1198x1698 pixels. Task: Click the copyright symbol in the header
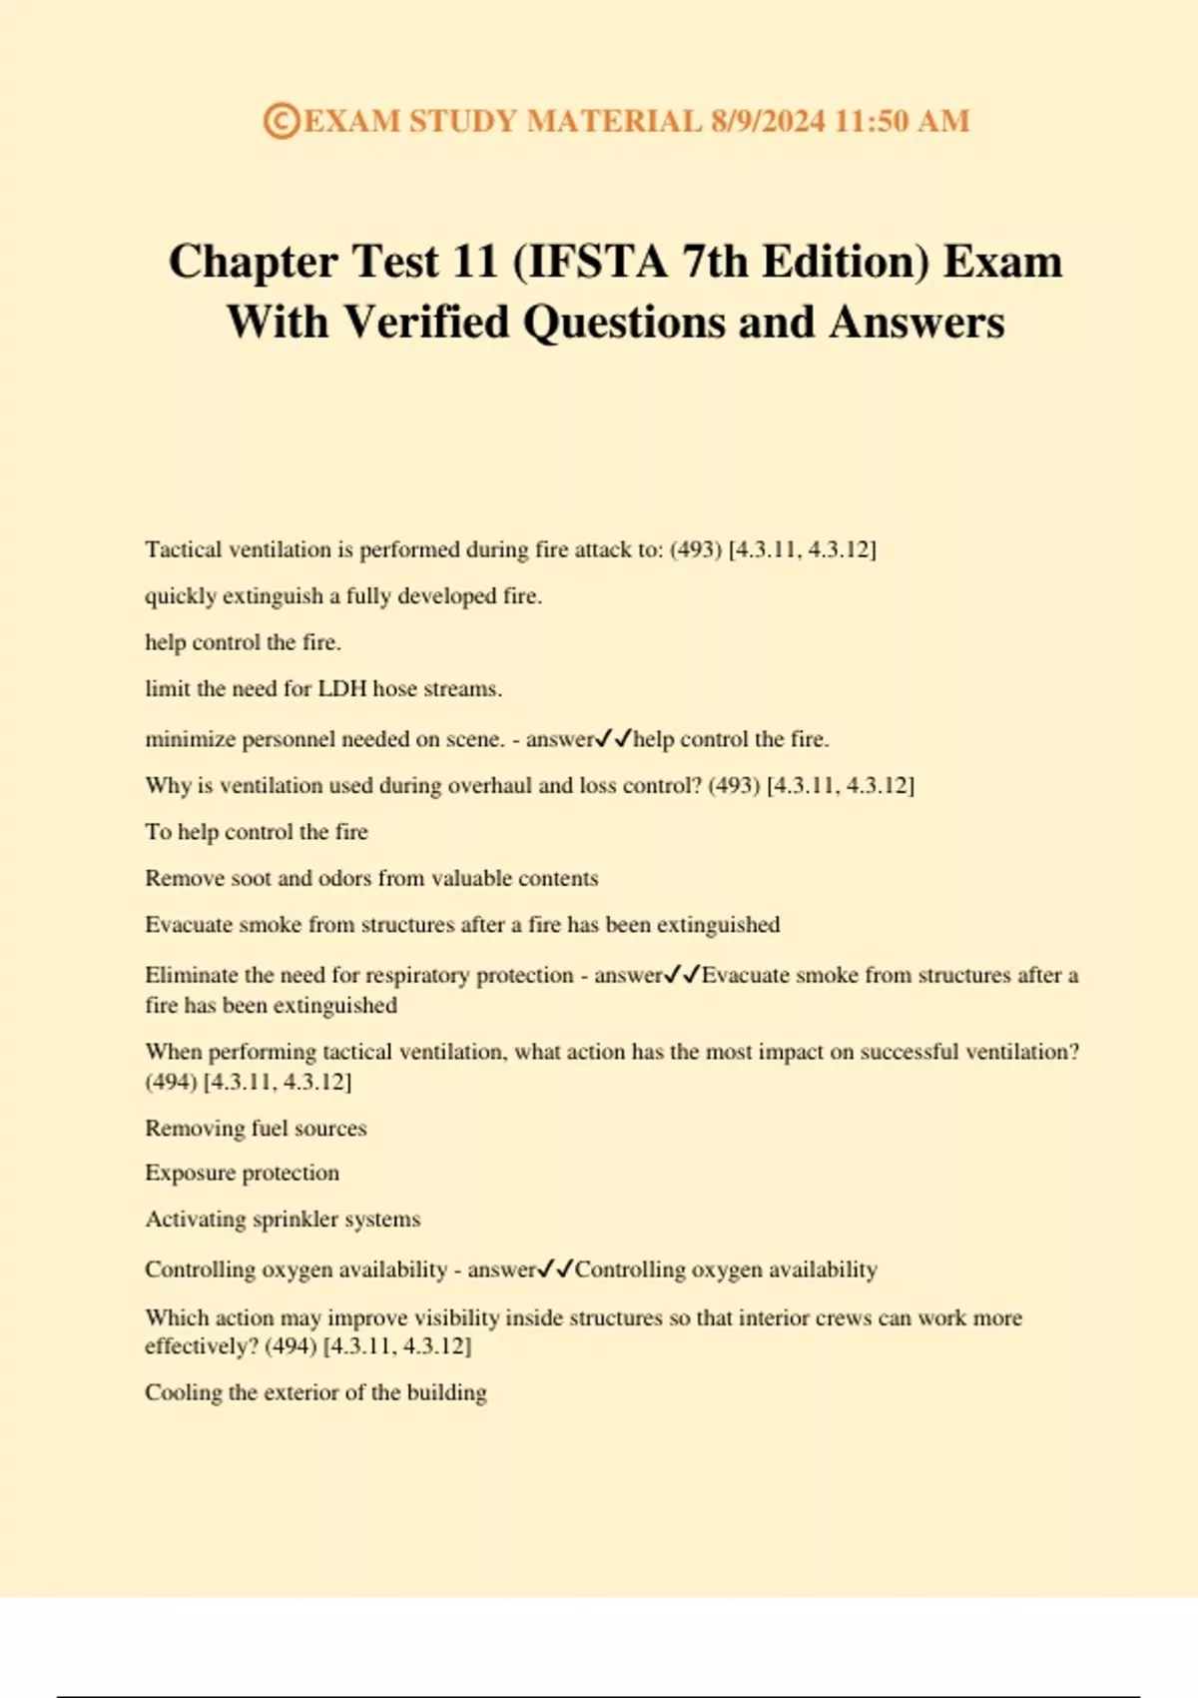coord(282,121)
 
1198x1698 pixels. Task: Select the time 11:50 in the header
coord(871,121)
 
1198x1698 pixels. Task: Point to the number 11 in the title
coord(475,262)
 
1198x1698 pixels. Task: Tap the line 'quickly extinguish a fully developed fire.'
coord(343,596)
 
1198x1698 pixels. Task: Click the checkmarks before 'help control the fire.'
coord(613,739)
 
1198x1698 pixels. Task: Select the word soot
coord(251,878)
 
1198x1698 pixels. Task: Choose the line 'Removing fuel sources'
coord(256,1128)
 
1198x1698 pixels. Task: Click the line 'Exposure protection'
coord(242,1173)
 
